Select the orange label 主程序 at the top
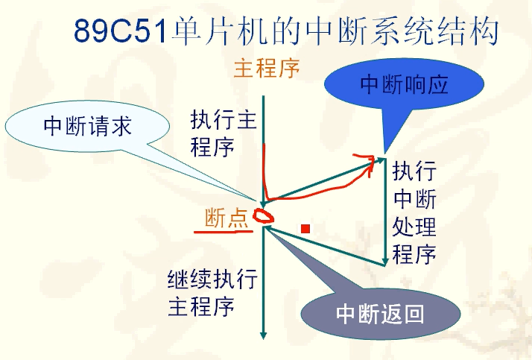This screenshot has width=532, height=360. tap(267, 69)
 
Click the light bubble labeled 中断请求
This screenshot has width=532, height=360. tap(87, 126)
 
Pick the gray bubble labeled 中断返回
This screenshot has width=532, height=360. tap(380, 314)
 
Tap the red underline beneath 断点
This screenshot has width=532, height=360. tap(224, 232)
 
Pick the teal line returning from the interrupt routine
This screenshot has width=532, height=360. tap(324, 245)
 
